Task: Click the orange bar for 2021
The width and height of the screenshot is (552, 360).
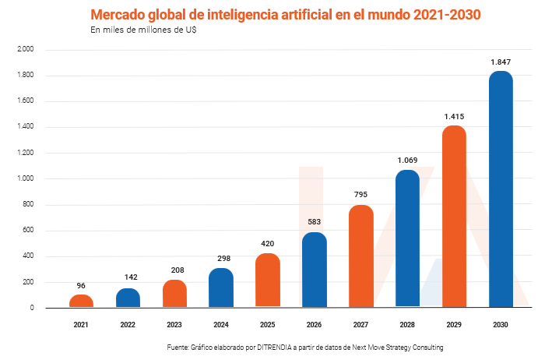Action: click(x=81, y=301)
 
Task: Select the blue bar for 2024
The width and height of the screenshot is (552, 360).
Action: click(x=221, y=288)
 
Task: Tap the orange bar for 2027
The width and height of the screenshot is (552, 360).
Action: click(x=361, y=256)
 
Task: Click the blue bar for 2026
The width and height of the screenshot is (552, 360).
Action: click(x=315, y=270)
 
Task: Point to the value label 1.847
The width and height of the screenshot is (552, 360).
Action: click(x=501, y=62)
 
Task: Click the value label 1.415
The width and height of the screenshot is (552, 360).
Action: click(x=454, y=116)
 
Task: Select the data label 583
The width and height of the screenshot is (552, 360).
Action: click(x=315, y=222)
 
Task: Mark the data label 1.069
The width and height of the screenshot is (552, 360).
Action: click(x=407, y=161)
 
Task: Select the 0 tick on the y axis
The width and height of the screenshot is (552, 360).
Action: click(x=32, y=308)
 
